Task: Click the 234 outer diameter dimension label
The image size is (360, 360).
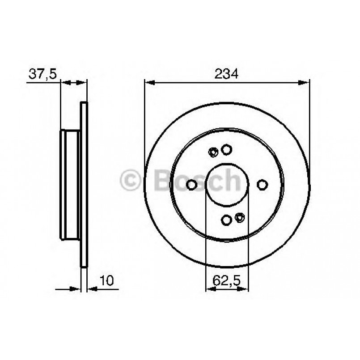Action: [227, 74]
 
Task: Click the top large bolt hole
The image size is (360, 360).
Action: [227, 149]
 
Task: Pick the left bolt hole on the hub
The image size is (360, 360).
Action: [191, 184]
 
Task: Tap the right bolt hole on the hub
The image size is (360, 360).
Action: [263, 184]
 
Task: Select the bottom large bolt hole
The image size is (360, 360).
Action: [227, 220]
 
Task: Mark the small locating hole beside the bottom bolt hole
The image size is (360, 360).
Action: [241, 217]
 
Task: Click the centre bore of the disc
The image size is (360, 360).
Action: [227, 184]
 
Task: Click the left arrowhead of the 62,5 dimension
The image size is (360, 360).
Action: [209, 288]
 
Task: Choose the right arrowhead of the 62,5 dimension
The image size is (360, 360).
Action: [245, 288]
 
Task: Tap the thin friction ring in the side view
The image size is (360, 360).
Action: [84, 184]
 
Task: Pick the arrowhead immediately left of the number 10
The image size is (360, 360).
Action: [91, 288]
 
